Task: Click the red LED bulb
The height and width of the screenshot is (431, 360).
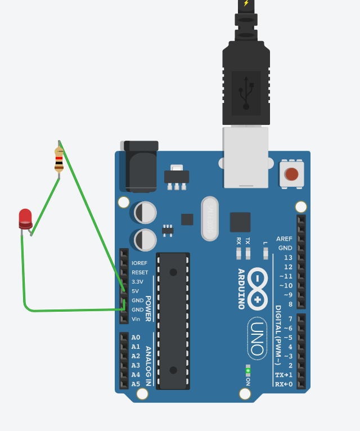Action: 25,218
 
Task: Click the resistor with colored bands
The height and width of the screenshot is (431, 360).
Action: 59,160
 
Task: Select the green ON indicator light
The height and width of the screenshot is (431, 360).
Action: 247,370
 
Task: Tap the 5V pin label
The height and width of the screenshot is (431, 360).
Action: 136,291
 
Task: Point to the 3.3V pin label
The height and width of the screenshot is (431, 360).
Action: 137,281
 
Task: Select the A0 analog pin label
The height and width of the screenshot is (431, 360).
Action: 136,338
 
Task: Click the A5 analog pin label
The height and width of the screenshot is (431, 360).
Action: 136,384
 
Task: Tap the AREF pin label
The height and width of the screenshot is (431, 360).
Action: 284,239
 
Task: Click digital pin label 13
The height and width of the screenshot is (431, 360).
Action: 288,257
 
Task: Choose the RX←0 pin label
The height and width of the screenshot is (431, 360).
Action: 283,384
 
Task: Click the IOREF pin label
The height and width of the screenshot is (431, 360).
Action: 139,263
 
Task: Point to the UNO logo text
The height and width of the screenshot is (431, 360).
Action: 257,338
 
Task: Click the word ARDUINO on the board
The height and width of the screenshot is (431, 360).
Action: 241,289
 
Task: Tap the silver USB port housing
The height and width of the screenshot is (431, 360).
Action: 246,158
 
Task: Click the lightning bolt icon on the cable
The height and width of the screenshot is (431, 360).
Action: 246,3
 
